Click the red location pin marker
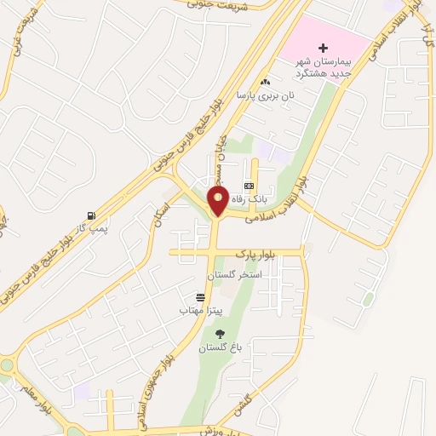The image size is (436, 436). (218, 203)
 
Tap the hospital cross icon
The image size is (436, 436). (321, 48)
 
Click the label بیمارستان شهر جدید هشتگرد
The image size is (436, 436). (323, 67)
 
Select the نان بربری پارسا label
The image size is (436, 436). (266, 96)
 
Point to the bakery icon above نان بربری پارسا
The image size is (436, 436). (266, 83)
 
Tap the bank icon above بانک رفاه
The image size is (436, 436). (249, 186)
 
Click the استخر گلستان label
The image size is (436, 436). (234, 277)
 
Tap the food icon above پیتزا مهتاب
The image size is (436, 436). (200, 297)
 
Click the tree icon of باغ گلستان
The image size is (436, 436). (221, 335)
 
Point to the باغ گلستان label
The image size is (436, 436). (221, 349)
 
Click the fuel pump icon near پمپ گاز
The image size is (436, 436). (91, 215)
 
